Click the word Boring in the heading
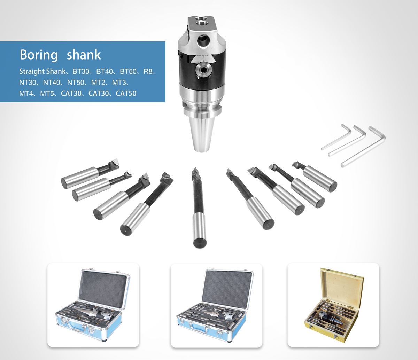[x=39, y=55]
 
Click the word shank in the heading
[x=84, y=54]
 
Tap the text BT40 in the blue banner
[x=104, y=72]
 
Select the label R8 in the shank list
[x=148, y=72]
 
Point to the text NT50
[x=76, y=83]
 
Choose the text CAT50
[x=126, y=93]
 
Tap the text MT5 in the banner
[x=47, y=93]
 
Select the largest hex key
[x=363, y=147]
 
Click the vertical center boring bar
[x=199, y=208]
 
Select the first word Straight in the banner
[x=32, y=72]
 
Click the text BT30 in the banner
[x=81, y=72]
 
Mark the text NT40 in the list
[x=52, y=83]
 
